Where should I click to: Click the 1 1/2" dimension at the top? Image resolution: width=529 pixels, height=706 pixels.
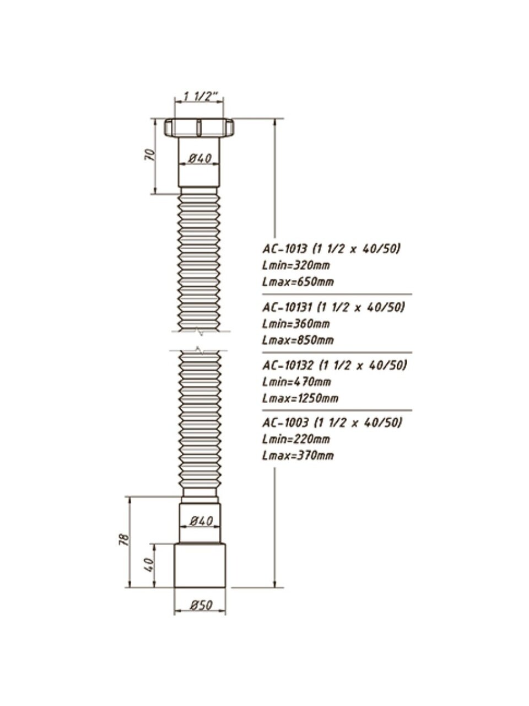point(201,97)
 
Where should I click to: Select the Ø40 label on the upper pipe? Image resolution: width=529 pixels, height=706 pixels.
point(200,158)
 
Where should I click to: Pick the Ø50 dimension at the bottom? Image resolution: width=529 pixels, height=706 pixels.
point(201,605)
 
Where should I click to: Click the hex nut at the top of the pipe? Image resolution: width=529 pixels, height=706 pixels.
point(199,128)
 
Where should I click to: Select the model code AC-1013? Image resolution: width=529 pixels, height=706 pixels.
point(286,249)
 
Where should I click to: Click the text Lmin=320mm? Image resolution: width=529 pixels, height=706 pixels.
point(296,265)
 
